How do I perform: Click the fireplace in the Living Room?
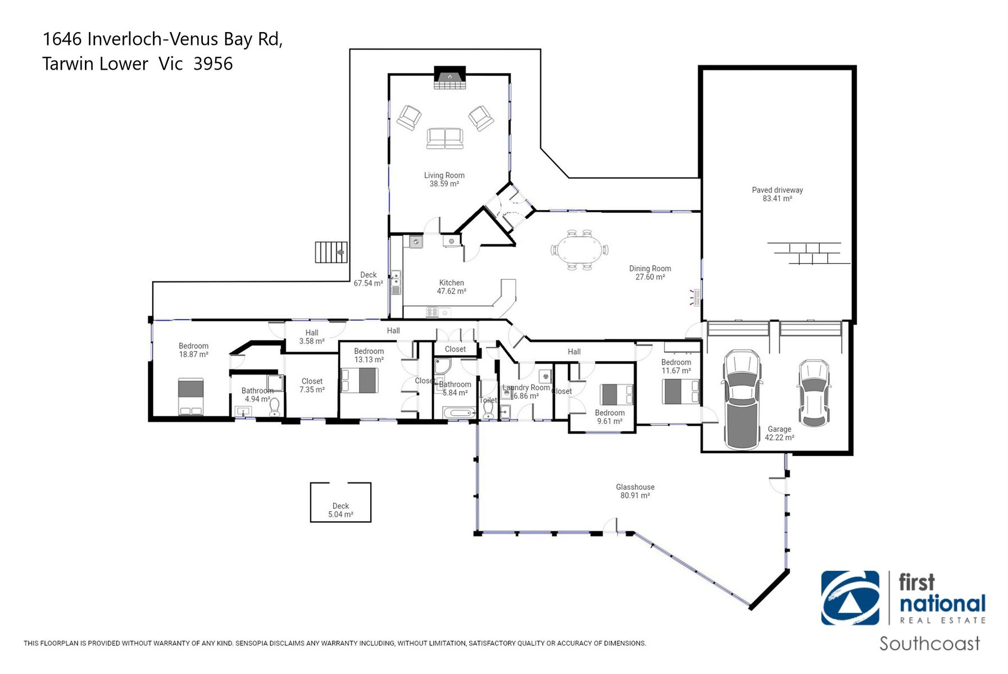tap(449, 79)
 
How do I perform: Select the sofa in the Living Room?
tap(444, 138)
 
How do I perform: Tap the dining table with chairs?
tap(579, 250)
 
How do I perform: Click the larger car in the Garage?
tap(742, 399)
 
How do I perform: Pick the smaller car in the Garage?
tap(813, 393)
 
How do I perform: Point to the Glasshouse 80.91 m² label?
tap(635, 491)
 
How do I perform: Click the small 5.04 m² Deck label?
tap(340, 510)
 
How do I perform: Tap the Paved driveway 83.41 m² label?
tap(777, 194)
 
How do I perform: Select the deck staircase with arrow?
tap(331, 252)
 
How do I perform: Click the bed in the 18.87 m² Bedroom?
tap(191, 397)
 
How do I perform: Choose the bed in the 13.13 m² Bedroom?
tap(360, 380)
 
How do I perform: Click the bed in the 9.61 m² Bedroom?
tap(616, 394)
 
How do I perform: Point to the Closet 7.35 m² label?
tap(312, 385)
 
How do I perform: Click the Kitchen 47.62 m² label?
tap(451, 287)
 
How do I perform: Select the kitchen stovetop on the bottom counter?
tap(432, 312)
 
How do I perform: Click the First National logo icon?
tap(850, 598)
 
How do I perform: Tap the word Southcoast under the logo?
tap(929, 644)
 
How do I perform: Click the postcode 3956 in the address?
tap(213, 64)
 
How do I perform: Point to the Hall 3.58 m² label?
tap(312, 337)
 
